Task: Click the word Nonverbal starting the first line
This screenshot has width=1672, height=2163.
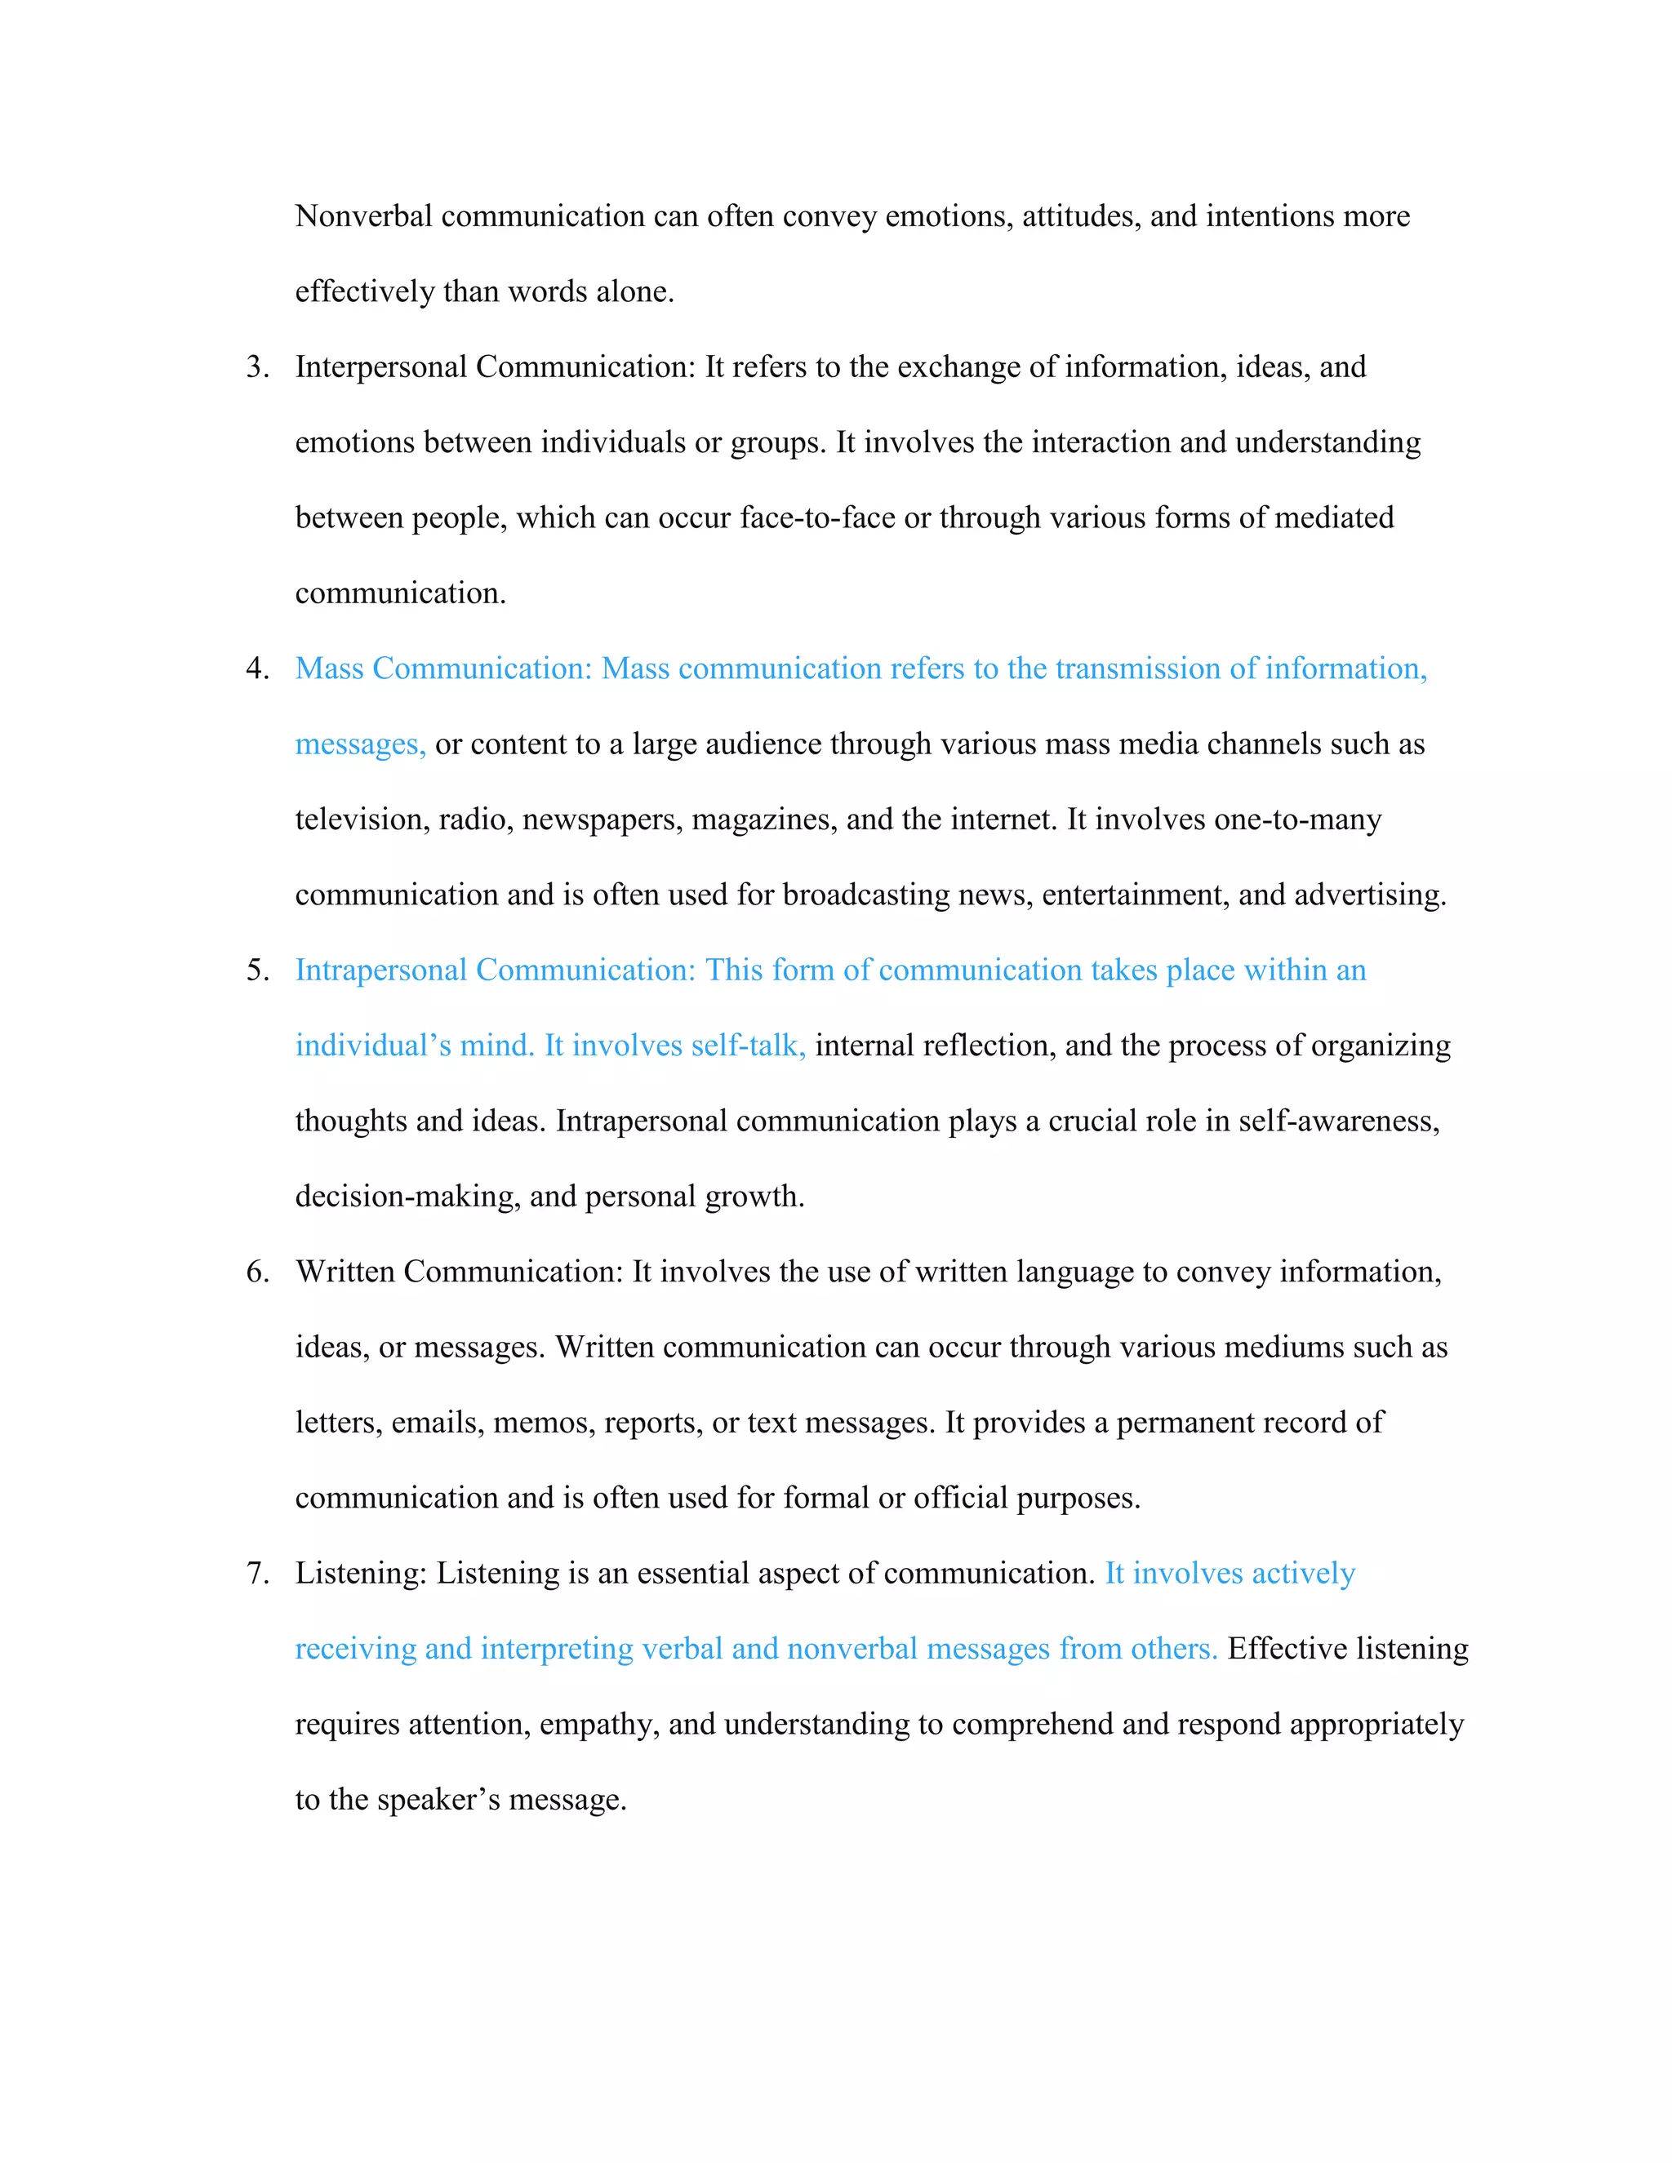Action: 363,216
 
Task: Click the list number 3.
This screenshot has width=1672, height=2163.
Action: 256,367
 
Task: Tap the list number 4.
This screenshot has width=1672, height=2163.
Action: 256,668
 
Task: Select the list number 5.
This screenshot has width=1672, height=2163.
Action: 256,970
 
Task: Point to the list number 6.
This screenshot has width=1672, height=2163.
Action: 256,1272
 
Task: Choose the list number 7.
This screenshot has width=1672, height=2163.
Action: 256,1573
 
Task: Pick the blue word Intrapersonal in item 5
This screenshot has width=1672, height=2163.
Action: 381,970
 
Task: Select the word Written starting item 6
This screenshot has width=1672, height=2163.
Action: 345,1272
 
